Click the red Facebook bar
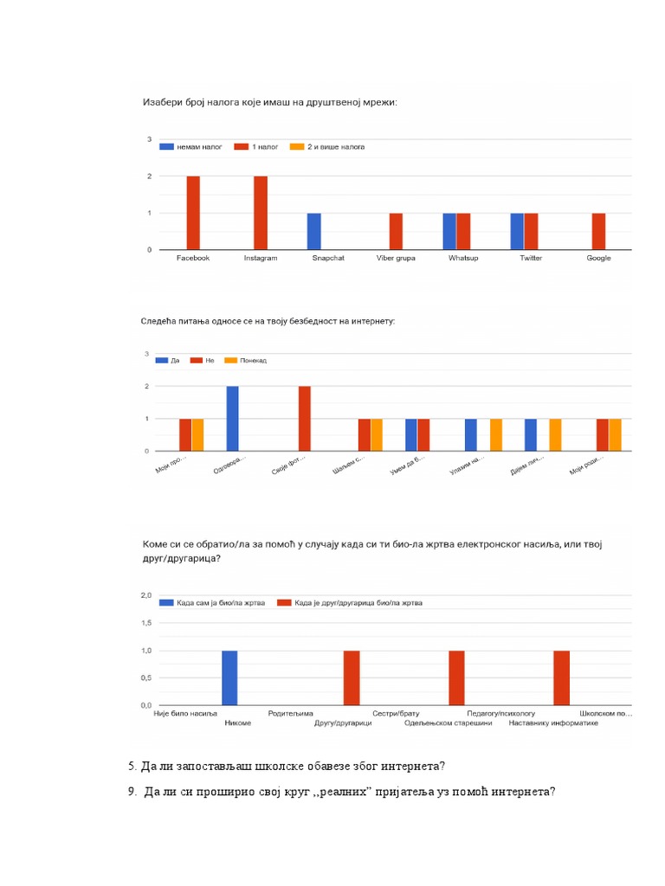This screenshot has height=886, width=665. click(193, 213)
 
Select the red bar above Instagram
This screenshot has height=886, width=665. click(261, 213)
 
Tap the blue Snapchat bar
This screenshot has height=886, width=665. click(314, 231)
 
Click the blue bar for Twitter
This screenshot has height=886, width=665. click(517, 231)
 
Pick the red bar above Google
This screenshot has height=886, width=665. click(598, 231)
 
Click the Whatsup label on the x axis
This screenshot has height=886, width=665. click(463, 258)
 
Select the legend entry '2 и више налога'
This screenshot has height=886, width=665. click(326, 147)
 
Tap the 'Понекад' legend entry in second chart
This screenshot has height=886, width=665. click(247, 360)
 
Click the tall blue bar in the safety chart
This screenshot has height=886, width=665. click(232, 419)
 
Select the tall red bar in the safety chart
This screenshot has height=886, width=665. click(305, 419)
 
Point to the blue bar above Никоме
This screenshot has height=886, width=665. click(229, 677)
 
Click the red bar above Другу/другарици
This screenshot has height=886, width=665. click(352, 677)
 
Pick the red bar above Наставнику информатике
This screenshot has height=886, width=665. click(561, 677)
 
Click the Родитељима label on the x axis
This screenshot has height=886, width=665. click(290, 714)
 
